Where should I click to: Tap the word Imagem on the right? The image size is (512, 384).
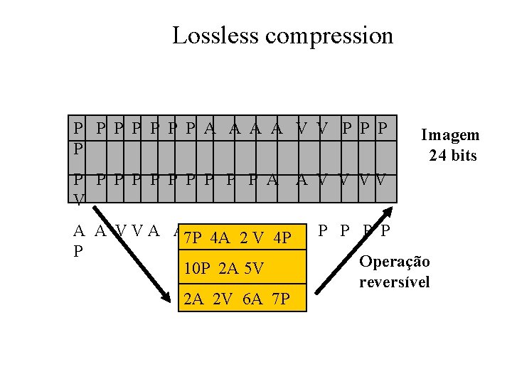click(450, 135)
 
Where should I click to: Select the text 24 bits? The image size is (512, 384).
click(452, 155)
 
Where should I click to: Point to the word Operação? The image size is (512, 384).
click(395, 262)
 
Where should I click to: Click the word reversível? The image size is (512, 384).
click(395, 282)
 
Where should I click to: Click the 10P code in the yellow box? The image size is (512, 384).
click(196, 269)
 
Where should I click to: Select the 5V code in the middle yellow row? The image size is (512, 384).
click(253, 269)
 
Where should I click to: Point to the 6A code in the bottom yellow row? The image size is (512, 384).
click(252, 299)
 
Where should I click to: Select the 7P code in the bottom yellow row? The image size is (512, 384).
click(279, 299)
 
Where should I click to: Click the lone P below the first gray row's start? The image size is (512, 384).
click(78, 151)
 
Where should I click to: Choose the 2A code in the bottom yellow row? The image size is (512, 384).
click(193, 299)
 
